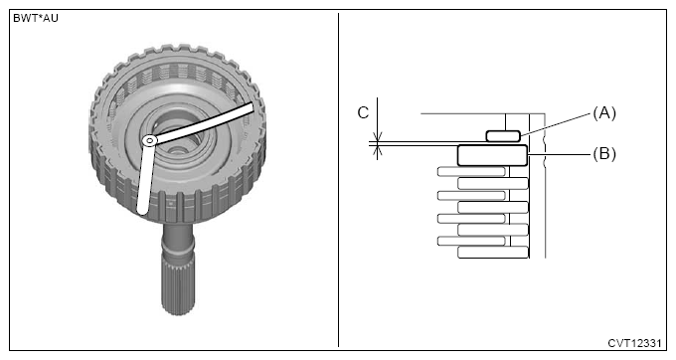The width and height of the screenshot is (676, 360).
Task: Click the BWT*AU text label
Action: [36, 19]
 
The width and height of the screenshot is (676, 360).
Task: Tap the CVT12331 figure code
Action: [634, 343]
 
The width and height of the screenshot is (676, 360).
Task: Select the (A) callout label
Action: [604, 113]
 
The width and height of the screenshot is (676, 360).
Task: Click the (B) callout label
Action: [604, 154]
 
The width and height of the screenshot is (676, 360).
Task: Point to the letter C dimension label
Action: [363, 113]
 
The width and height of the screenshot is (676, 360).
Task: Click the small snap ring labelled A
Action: [503, 136]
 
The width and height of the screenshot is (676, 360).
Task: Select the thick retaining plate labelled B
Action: [492, 156]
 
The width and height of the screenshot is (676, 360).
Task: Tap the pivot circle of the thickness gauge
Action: [149, 140]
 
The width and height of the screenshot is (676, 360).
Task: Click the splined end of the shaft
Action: [178, 286]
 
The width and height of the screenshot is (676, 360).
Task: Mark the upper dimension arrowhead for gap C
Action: [377, 137]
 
